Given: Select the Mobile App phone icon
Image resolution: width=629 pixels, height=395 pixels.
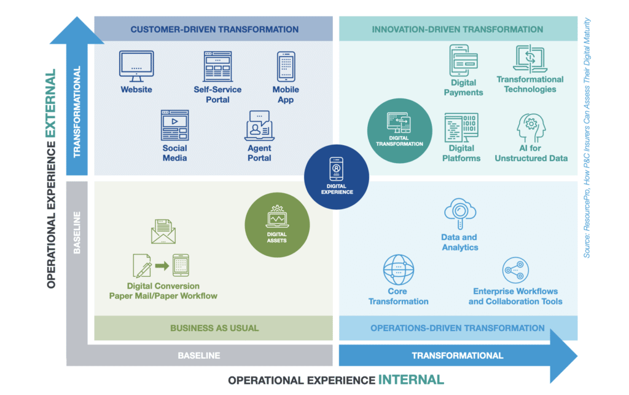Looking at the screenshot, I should click(x=286, y=66).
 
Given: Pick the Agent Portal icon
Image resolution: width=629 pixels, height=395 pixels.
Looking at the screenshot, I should click(x=259, y=126).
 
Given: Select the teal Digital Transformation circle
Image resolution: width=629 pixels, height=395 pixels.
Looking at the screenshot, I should click(x=399, y=130).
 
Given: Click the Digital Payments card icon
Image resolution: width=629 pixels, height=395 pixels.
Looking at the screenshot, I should click(x=464, y=60).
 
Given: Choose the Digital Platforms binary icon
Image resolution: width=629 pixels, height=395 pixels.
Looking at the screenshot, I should click(x=461, y=127).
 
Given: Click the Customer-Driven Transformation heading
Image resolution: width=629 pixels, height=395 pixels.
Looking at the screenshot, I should click(x=214, y=29).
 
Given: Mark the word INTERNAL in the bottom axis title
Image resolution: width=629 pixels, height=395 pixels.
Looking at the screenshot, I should click(x=410, y=380).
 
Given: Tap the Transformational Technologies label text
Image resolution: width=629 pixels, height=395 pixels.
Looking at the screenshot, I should click(x=529, y=84).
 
